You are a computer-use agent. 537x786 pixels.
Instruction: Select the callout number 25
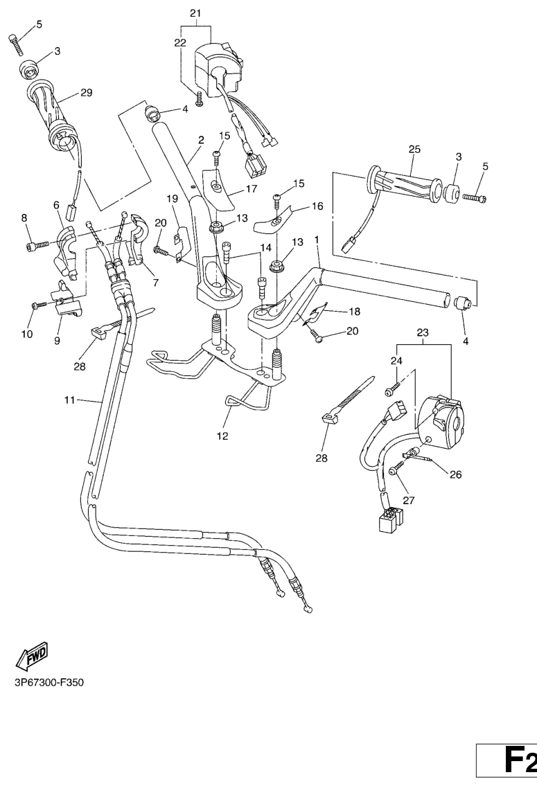click(414, 150)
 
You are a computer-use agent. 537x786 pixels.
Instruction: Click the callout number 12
click(221, 436)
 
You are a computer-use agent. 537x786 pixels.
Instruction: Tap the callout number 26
click(455, 475)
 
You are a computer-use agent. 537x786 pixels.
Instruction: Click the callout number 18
click(353, 312)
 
